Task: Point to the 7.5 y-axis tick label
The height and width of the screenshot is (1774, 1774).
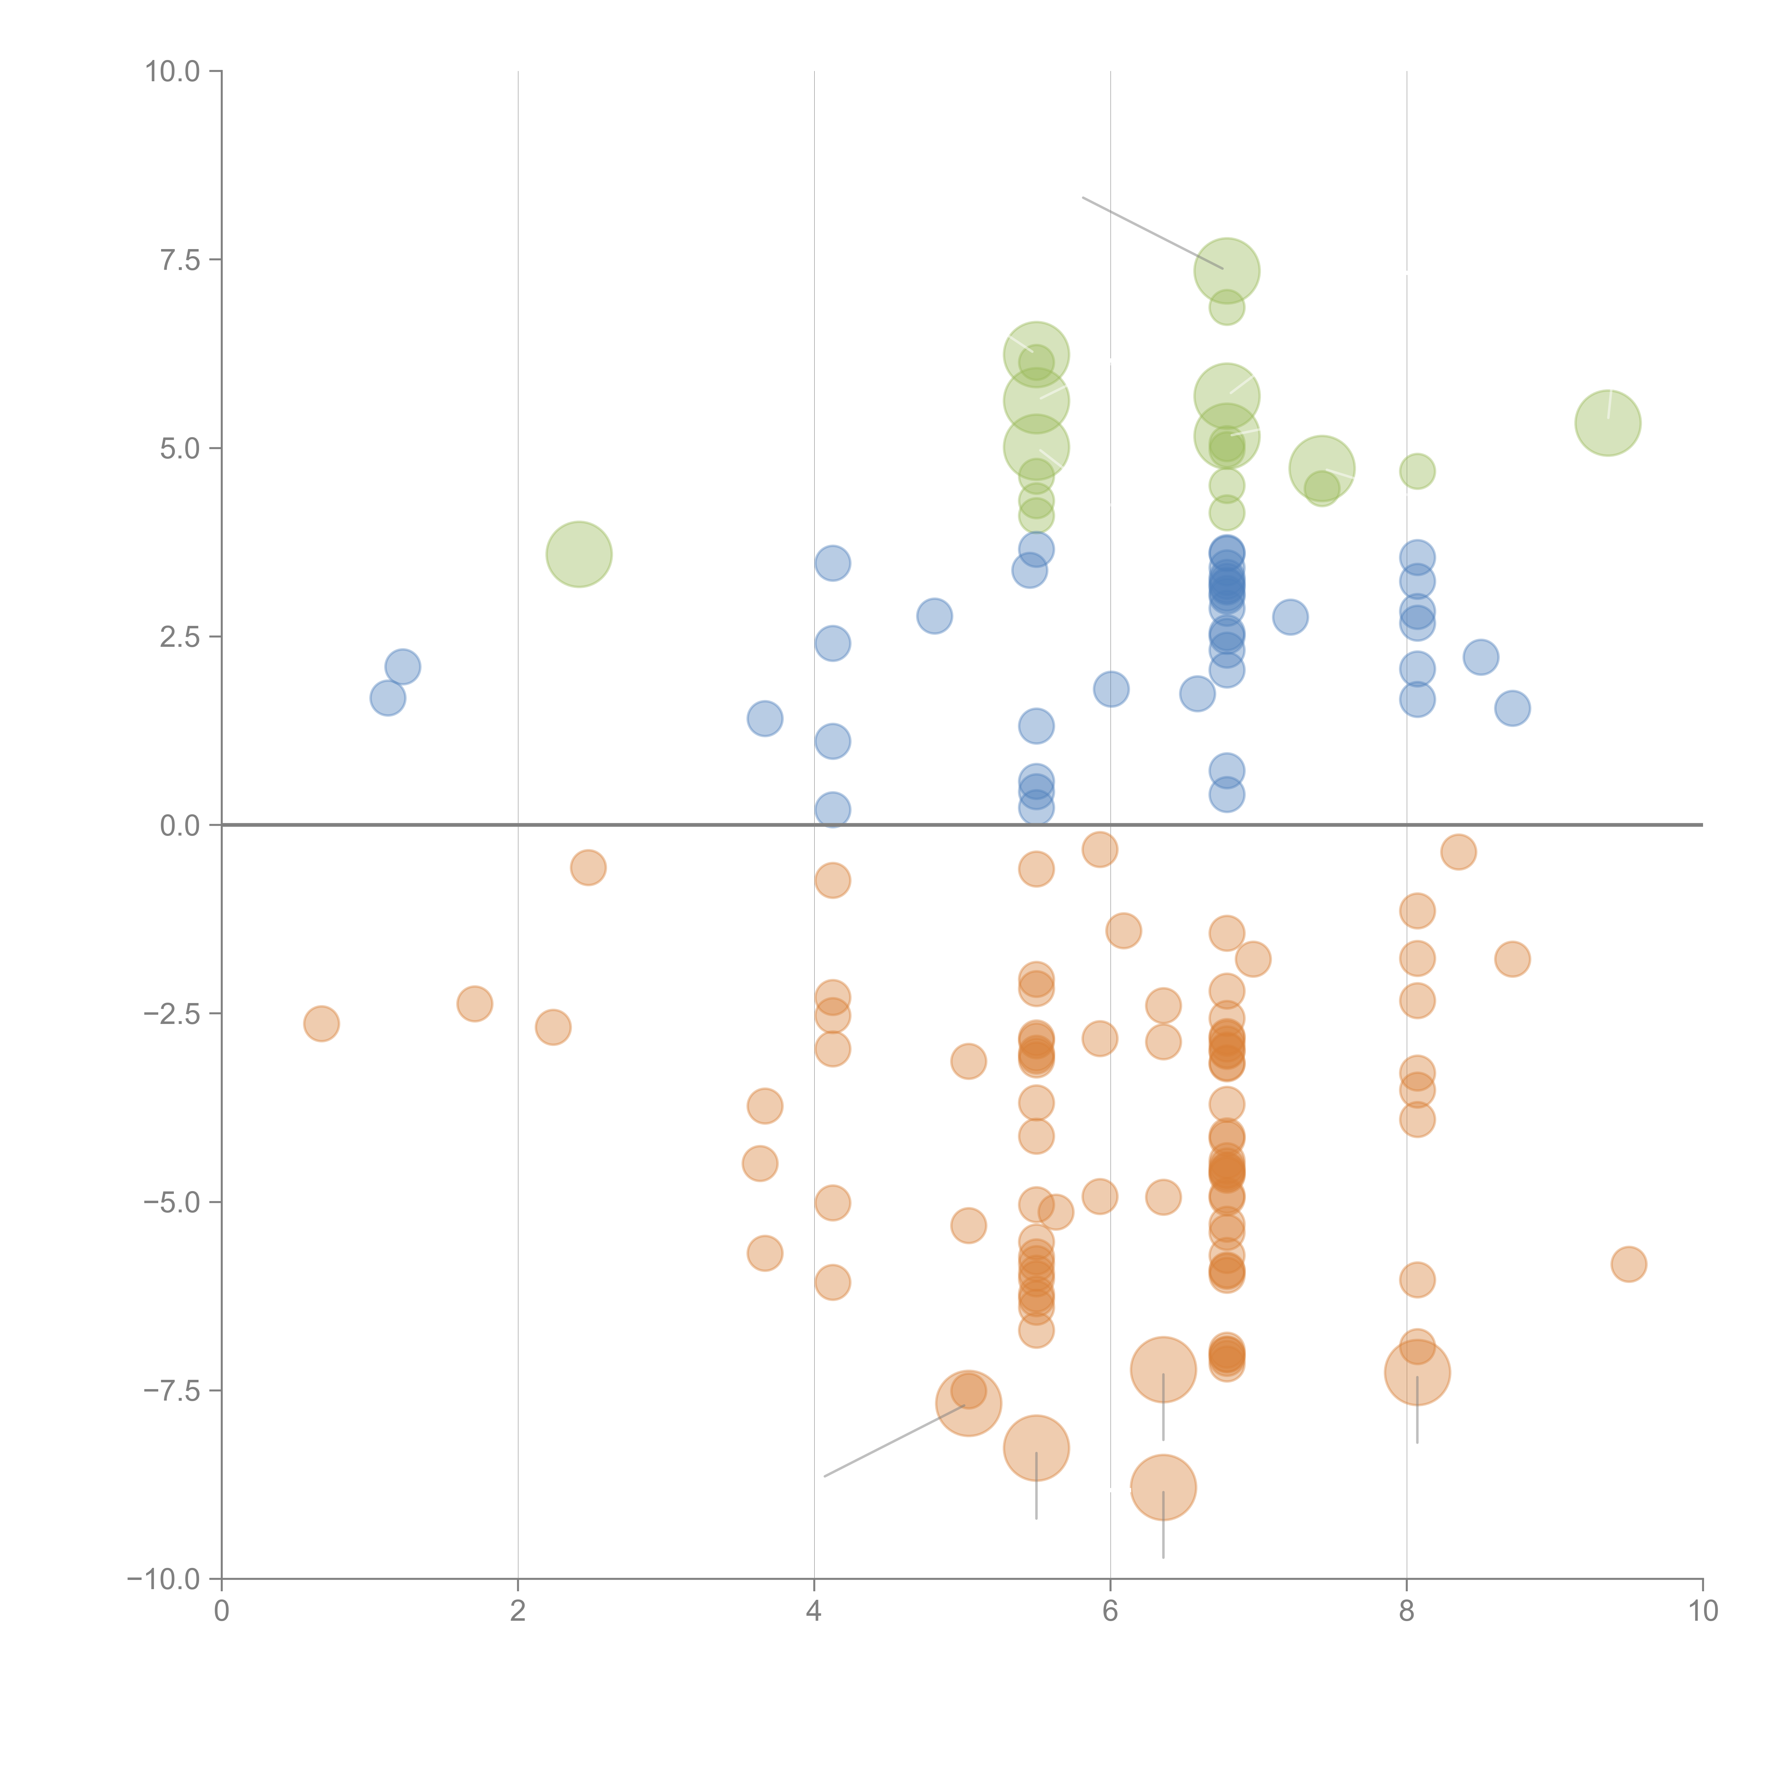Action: pos(179,260)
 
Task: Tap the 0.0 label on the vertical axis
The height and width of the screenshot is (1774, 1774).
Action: pos(179,826)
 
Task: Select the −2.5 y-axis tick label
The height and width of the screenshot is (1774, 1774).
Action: pos(172,1014)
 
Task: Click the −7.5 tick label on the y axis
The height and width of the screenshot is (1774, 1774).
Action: pos(172,1391)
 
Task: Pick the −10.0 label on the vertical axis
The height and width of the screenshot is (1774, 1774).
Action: pos(164,1579)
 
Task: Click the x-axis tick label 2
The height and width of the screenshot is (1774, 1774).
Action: pos(518,1612)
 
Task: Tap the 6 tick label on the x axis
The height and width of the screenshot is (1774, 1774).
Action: pos(1110,1612)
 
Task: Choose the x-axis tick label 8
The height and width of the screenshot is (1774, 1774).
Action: pos(1407,1612)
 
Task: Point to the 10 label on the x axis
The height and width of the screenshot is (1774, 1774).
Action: pos(1702,1612)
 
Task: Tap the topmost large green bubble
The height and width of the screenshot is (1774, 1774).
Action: pos(1227,271)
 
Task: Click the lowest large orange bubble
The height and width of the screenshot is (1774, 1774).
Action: pos(1163,1488)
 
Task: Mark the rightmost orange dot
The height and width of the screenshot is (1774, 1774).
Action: pos(1629,1265)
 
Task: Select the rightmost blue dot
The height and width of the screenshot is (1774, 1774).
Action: pos(1512,708)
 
